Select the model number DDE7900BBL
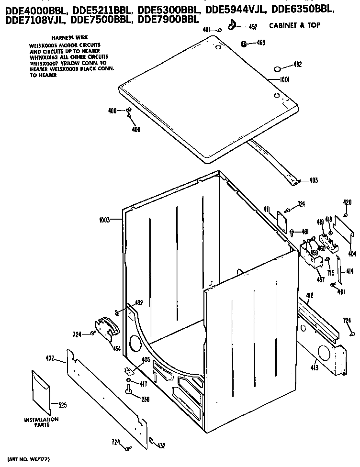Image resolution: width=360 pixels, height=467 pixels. click(168, 20)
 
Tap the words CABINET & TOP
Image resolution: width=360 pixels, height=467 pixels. click(294, 25)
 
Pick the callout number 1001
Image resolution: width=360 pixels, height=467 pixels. click(286, 80)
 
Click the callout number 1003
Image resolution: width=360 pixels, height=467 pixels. click(104, 220)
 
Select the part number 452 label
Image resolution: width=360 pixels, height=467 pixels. click(253, 27)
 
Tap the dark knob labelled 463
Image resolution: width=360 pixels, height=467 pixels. click(244, 44)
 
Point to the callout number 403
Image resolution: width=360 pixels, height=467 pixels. click(313, 180)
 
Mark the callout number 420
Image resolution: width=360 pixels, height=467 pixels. click(347, 203)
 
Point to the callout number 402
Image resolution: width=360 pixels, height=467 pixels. click(50, 357)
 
